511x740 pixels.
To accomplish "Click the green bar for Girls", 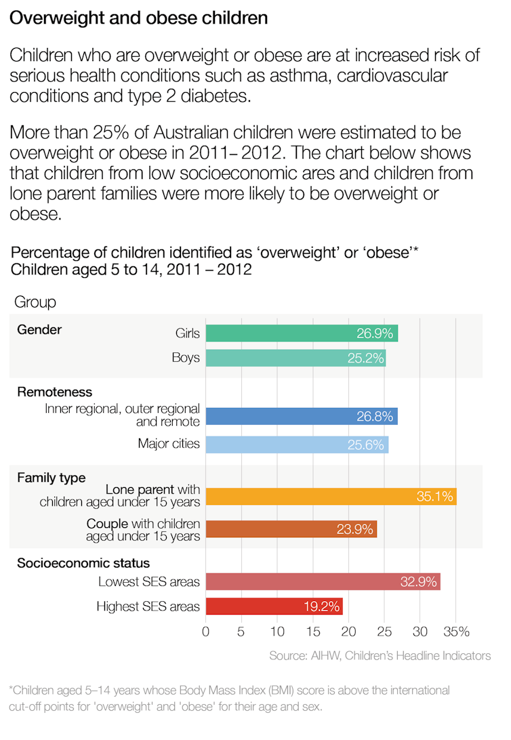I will tap(302, 333).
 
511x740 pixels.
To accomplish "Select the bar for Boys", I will tap(295, 357).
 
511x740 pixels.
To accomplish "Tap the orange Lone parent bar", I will tap(331, 496).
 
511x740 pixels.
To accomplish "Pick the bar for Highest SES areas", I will tap(274, 606).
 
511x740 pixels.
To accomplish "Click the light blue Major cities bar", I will tap(297, 445).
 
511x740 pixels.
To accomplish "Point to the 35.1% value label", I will tap(434, 497).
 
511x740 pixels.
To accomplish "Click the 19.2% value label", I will tap(321, 607).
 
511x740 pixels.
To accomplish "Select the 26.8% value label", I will tap(375, 417).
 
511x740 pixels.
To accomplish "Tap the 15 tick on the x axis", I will tap(312, 632).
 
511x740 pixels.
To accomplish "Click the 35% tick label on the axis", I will tap(455, 632).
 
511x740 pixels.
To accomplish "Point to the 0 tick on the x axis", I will tap(206, 632).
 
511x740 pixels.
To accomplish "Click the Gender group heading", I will tap(39, 330).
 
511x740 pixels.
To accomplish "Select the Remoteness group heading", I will tap(54, 392).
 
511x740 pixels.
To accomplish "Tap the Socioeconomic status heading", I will tap(83, 563).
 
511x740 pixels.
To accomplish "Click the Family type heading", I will tap(52, 478).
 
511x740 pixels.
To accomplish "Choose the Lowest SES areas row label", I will tap(149, 581).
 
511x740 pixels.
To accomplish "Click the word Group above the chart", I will tap(35, 302).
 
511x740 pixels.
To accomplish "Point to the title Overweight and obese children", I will tap(138, 18).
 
